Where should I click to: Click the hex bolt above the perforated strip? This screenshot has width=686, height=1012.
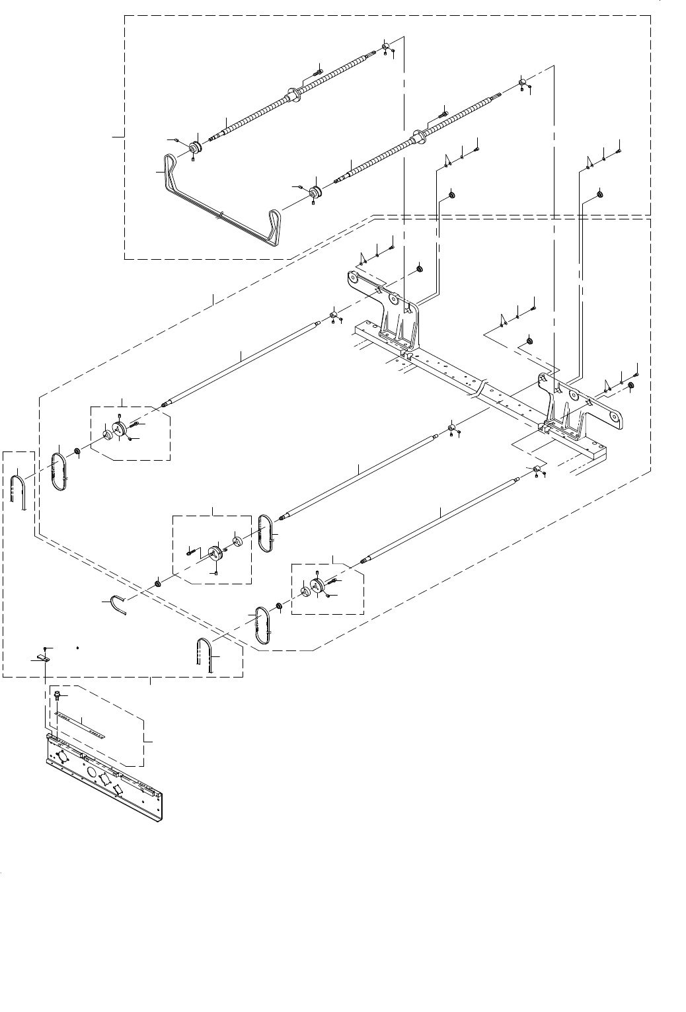[x=57, y=695]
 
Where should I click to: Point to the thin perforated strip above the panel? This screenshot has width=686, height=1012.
[x=81, y=724]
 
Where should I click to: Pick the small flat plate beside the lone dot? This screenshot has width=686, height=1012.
[x=39, y=659]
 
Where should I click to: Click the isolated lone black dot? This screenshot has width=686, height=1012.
[x=78, y=648]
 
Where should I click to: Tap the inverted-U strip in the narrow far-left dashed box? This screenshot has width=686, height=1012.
[x=18, y=490]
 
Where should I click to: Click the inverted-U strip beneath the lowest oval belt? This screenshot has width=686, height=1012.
[x=205, y=654]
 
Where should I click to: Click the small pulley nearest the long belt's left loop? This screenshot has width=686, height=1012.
[x=195, y=147]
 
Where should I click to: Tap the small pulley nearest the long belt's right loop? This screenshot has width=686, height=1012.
[x=315, y=192]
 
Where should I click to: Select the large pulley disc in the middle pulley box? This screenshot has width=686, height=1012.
[x=215, y=553]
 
